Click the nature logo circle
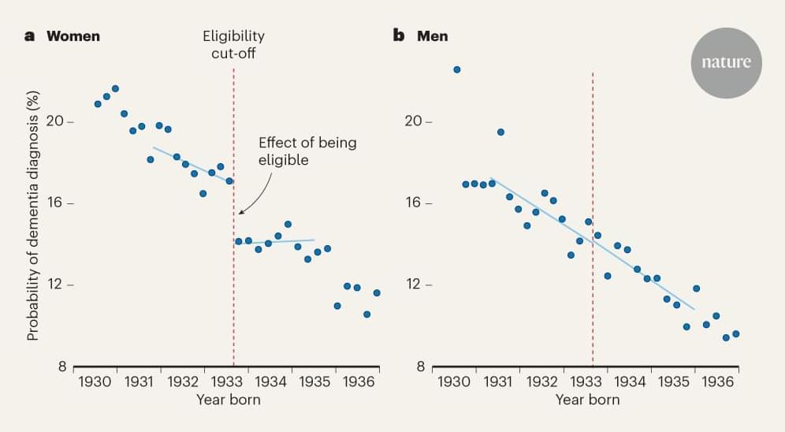tap(726, 63)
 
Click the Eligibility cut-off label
tap(233, 44)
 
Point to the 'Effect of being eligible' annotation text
tap(307, 151)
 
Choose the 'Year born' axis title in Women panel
tap(228, 400)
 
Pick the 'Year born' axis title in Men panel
tap(587, 400)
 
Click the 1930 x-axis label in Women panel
tap(95, 382)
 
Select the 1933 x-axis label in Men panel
tap(586, 382)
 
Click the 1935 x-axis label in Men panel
tap(674, 382)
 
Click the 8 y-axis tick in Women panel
tap(60, 367)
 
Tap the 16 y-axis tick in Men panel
tap(416, 203)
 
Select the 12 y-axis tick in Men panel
tap(416, 285)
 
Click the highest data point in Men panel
tap(456, 69)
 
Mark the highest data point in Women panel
tap(115, 88)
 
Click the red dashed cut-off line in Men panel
tap(592, 236)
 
